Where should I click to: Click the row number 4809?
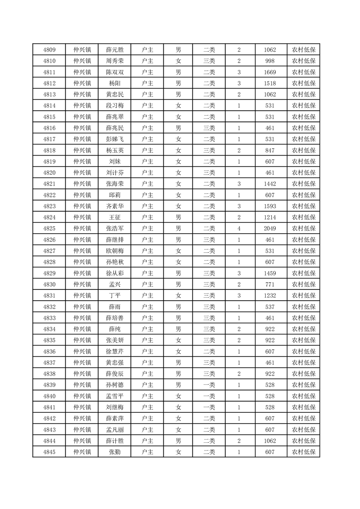pyautogui.click(x=49, y=50)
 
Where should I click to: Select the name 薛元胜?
pyautogui.click(x=114, y=50)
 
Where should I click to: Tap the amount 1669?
pyautogui.click(x=271, y=72)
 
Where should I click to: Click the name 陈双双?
pyautogui.click(x=114, y=72)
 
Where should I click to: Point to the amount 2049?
pyautogui.click(x=271, y=229)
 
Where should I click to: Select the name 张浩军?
pyautogui.click(x=114, y=229)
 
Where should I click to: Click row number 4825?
pyautogui.click(x=49, y=229)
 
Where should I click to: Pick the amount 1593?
pyautogui.click(x=271, y=206)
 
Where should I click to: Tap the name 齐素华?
pyautogui.click(x=114, y=206)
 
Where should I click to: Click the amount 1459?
pyautogui.click(x=271, y=273)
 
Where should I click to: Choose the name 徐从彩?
pyautogui.click(x=114, y=273)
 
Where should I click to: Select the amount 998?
pyautogui.click(x=271, y=61)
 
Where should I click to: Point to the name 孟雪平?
pyautogui.click(x=114, y=396)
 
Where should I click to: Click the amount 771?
pyautogui.click(x=271, y=284)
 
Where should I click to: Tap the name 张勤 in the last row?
pyautogui.click(x=114, y=452)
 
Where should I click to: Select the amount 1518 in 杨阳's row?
pyautogui.click(x=271, y=83)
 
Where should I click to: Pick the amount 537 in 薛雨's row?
pyautogui.click(x=271, y=307)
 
